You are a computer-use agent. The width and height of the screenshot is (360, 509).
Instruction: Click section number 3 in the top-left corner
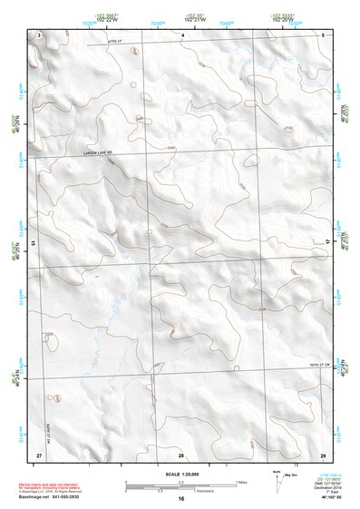coord(39,34)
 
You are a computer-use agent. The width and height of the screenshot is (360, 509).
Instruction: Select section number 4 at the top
coord(182,34)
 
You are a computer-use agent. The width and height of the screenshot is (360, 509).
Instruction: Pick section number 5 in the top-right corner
coord(323,34)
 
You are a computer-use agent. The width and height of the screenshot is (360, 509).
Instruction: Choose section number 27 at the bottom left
coord(39,454)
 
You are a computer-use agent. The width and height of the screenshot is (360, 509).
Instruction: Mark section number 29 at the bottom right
coord(323,454)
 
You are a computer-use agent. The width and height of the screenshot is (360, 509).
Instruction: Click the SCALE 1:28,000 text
coord(180,475)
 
